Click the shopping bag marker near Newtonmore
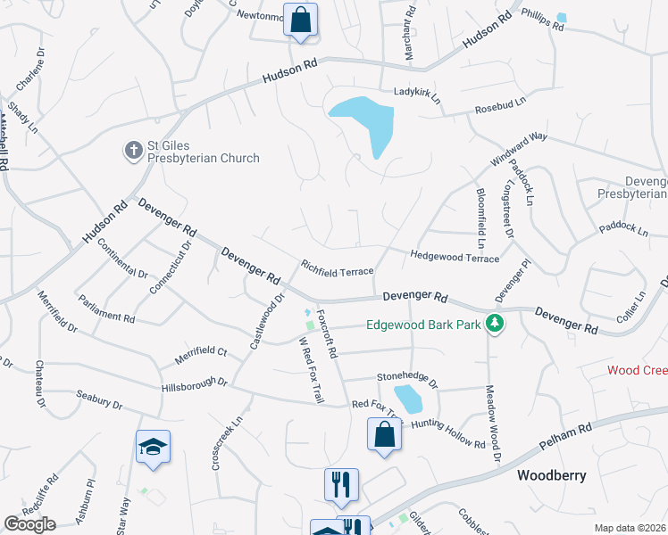(301, 20)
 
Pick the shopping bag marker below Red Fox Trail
(384, 435)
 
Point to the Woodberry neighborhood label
(552, 475)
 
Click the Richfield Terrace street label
(337, 267)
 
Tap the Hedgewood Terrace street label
(454, 257)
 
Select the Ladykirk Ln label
(418, 92)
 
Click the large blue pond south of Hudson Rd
(369, 121)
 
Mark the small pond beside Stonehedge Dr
(407, 398)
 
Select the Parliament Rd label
(106, 309)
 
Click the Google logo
(29, 524)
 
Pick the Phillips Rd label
(543, 21)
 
